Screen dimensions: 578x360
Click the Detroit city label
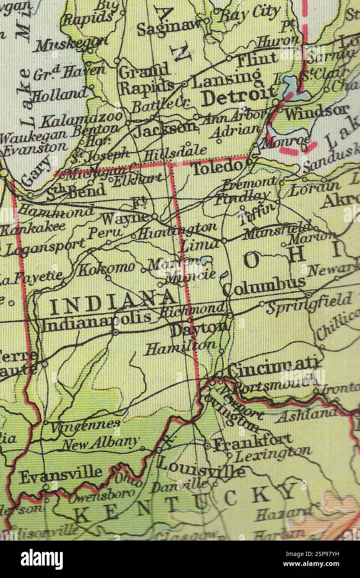pyautogui.click(x=240, y=97)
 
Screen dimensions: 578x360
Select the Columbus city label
pyautogui.click(x=264, y=286)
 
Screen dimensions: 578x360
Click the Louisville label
pyautogui.click(x=201, y=467)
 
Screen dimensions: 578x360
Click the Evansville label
pyautogui.click(x=60, y=474)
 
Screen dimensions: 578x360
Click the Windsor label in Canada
pyautogui.click(x=317, y=111)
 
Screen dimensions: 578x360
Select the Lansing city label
pyautogui.click(x=227, y=79)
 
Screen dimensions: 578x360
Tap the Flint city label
pyautogui.click(x=256, y=60)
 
